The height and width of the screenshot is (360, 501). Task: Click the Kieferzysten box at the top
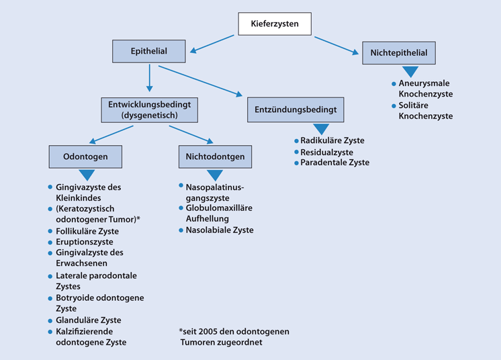(x=277, y=25)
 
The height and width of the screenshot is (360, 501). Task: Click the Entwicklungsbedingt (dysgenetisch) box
(x=148, y=109)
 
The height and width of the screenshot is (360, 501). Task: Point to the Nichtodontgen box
(x=210, y=157)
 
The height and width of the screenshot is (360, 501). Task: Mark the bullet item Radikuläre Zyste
(x=332, y=140)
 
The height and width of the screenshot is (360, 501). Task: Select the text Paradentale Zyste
(x=334, y=163)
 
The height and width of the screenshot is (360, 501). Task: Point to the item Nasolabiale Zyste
(x=219, y=230)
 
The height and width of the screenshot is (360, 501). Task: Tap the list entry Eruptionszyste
(x=84, y=242)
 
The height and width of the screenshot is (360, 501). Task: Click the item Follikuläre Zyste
(x=87, y=231)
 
